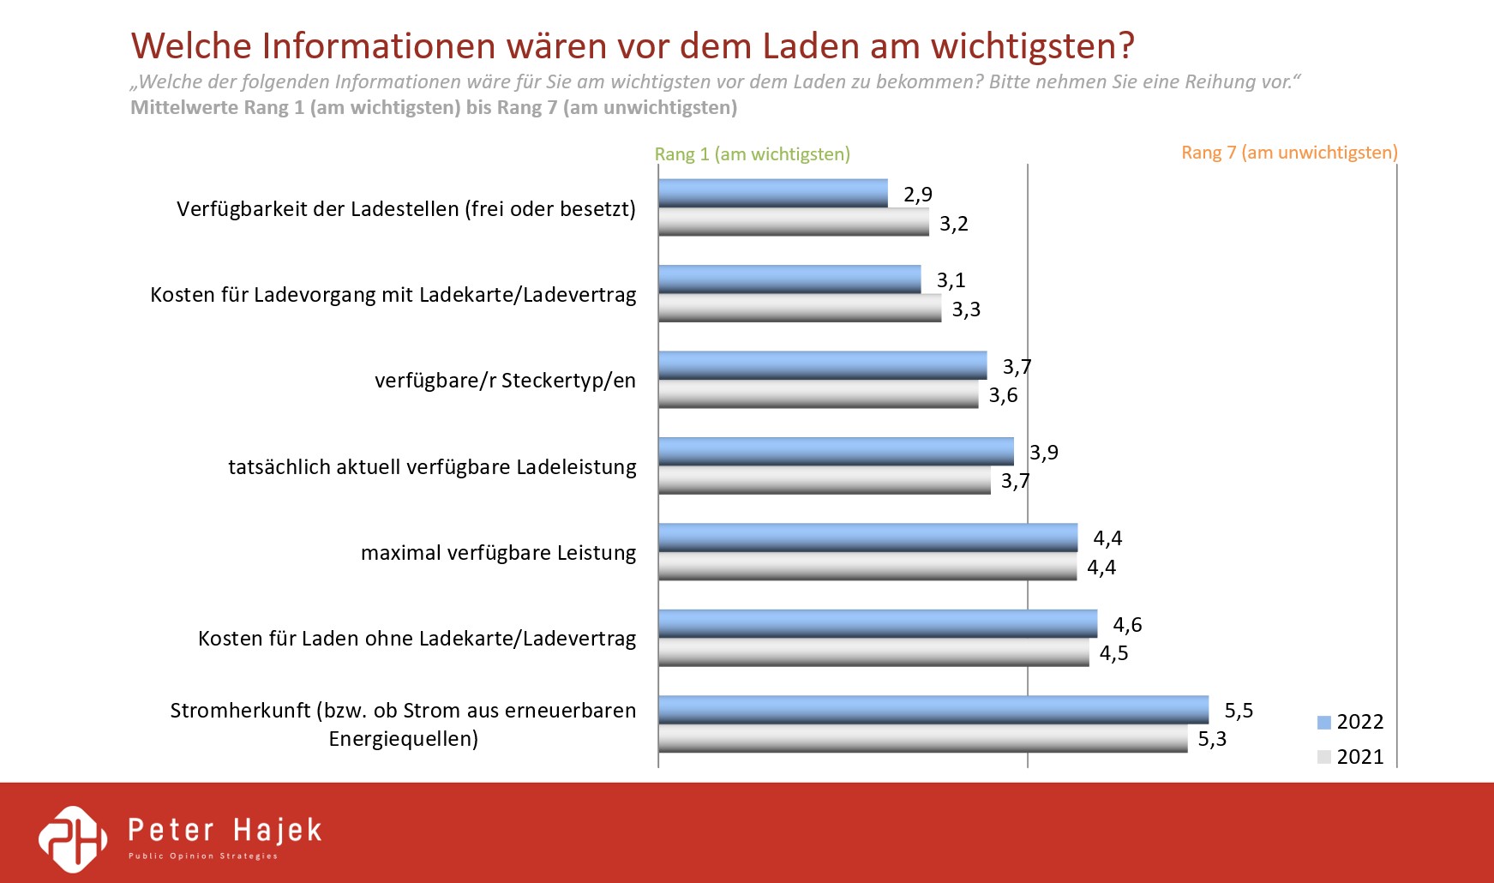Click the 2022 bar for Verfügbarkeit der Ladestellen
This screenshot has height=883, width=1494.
[772, 193]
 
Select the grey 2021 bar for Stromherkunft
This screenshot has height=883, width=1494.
[922, 738]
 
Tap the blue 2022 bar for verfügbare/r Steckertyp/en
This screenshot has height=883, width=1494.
[822, 365]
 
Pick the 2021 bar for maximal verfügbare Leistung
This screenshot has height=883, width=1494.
[867, 567]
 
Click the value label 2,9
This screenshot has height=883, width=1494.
[917, 195]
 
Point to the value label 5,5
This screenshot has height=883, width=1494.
[1239, 711]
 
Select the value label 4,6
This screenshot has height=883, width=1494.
[1127, 625]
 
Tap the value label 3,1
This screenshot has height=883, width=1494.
[951, 280]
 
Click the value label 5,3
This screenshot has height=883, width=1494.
[1212, 739]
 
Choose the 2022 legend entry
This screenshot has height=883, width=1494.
[1351, 722]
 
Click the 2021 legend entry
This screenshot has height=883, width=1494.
[1351, 757]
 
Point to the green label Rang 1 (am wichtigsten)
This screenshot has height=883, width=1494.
[752, 154]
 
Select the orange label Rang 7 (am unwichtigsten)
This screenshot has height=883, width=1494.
[1288, 153]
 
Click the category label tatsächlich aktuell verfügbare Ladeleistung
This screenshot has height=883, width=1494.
[432, 467]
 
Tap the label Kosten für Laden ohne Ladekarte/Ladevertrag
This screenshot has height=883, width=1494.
[417, 639]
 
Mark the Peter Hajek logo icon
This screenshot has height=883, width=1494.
[74, 838]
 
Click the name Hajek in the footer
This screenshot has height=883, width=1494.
[277, 830]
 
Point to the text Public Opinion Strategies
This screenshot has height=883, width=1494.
[203, 856]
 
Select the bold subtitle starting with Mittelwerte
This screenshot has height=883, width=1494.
[433, 108]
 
